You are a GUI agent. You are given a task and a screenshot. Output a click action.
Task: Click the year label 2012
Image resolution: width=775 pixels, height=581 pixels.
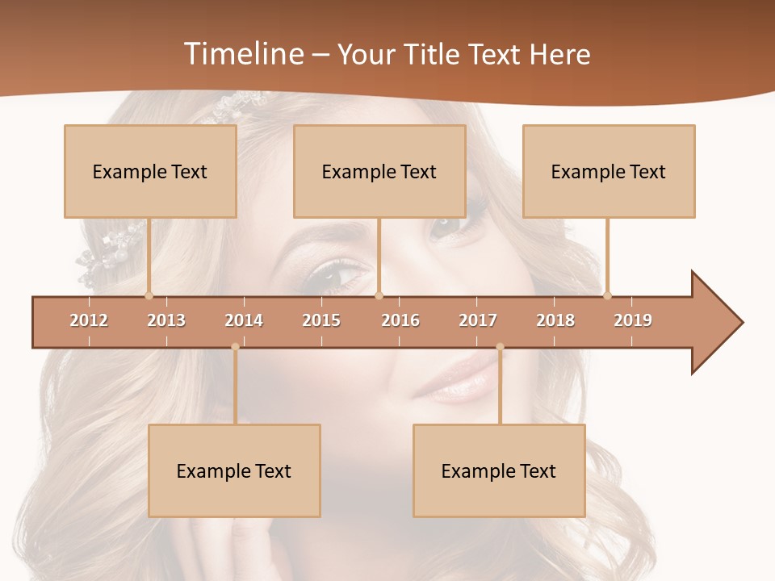click(x=89, y=320)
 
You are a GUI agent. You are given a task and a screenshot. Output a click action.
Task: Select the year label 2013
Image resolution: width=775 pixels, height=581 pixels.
click(x=166, y=320)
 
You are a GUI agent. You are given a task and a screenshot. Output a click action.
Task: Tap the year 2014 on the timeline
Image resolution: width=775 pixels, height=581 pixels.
click(x=244, y=320)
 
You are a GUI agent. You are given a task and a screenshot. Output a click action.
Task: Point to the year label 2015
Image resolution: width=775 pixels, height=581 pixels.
click(x=321, y=320)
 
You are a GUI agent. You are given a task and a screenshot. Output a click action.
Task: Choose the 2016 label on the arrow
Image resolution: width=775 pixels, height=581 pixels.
click(x=400, y=320)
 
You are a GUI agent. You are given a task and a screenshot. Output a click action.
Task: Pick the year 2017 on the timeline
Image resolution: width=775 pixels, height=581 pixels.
click(x=478, y=320)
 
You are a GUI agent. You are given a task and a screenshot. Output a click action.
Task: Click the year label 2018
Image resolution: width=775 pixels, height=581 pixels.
click(x=555, y=320)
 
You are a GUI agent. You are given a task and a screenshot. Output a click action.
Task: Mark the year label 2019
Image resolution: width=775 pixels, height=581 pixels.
click(x=633, y=320)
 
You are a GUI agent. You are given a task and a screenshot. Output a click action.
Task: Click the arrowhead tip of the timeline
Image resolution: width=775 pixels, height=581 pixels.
click(x=741, y=323)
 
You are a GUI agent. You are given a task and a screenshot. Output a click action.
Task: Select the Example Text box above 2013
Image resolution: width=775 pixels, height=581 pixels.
click(x=150, y=171)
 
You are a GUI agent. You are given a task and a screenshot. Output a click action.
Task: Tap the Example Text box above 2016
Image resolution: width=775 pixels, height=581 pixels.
click(x=379, y=171)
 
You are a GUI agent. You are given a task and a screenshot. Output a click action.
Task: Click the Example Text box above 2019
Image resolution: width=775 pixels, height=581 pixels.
click(x=609, y=171)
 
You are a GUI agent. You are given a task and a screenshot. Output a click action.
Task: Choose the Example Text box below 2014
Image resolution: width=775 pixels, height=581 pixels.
click(x=234, y=470)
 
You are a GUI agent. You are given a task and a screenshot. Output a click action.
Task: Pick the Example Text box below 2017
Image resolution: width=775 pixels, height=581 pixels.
click(x=499, y=470)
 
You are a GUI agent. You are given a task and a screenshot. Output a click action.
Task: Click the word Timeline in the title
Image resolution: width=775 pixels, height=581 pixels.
click(x=242, y=54)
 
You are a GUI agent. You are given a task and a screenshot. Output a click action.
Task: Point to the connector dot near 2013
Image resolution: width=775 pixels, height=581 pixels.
click(x=149, y=295)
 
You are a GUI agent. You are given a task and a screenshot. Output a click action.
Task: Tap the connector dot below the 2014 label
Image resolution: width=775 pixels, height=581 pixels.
click(x=235, y=347)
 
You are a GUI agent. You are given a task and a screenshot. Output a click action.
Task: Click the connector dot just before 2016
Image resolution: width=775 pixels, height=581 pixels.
click(x=379, y=295)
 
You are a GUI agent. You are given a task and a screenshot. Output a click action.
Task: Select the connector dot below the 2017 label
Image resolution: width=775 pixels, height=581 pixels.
click(x=500, y=347)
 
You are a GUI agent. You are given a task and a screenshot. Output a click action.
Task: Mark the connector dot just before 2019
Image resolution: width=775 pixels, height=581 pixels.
click(x=607, y=295)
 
